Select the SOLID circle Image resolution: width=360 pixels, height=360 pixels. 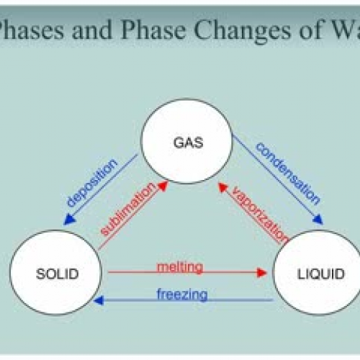55,273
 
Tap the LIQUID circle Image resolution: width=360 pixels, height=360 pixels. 318,273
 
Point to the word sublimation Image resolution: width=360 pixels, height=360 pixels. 128,209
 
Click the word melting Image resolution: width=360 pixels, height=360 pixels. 180,266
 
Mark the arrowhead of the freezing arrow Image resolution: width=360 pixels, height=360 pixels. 99,300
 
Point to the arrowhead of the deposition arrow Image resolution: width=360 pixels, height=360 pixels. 69,220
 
